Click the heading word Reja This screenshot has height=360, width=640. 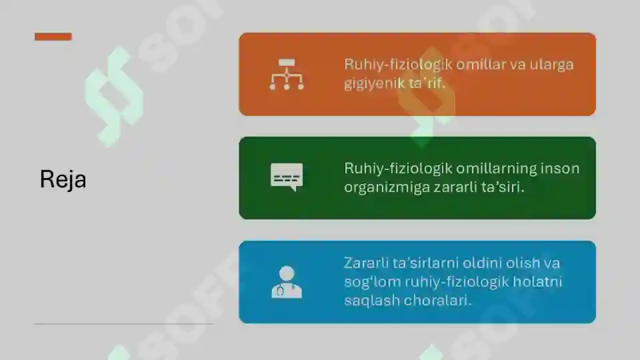pos(63,179)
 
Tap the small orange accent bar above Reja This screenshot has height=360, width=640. pos(53,37)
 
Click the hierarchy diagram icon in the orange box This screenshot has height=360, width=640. pos(287,74)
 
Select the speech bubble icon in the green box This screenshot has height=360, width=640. pos(287,177)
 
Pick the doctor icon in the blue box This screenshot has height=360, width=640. pos(287,282)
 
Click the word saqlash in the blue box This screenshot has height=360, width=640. pos(370,301)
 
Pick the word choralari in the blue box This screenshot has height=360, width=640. pos(436,301)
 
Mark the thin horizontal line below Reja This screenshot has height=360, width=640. pos(124,324)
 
